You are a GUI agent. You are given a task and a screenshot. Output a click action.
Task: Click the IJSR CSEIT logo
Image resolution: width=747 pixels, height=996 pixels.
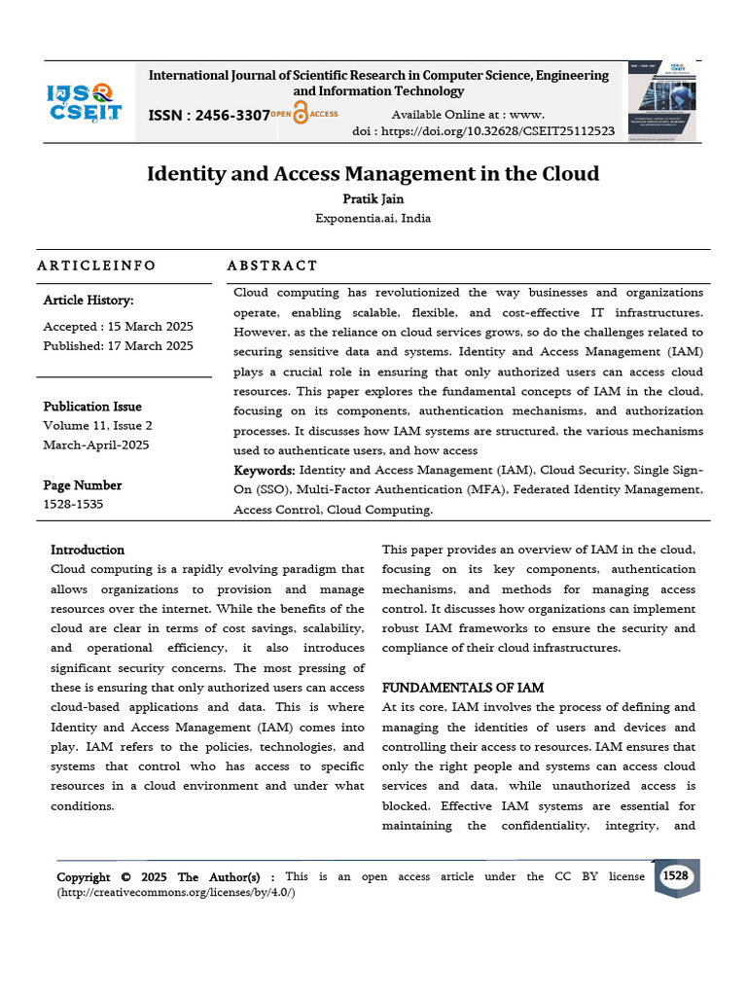pos(85,102)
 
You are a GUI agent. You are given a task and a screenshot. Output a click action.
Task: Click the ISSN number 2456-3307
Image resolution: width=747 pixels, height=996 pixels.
pos(208,115)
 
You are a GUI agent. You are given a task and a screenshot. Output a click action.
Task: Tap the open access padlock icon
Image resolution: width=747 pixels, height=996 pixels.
pos(301,114)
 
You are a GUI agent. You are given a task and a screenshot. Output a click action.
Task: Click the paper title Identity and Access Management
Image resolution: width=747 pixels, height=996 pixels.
pos(373,174)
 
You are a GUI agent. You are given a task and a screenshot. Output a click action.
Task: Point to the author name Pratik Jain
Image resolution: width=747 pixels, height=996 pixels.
pos(373,199)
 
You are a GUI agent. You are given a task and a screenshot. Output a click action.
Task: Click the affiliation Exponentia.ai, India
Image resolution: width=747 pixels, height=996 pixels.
pos(373,218)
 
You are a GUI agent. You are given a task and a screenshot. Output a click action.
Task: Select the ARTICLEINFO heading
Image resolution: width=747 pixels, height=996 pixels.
pos(96,266)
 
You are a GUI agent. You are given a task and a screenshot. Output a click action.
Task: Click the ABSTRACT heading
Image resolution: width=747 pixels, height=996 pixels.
pos(272,266)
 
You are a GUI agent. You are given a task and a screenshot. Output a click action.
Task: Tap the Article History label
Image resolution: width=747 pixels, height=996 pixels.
pos(89,301)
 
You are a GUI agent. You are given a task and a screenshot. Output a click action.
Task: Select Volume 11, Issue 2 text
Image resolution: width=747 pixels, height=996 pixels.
pos(97,425)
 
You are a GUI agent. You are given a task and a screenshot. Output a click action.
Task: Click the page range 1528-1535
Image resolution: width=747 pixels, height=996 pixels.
pos(73,504)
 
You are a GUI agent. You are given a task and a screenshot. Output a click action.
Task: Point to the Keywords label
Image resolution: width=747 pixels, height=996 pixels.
pos(264,470)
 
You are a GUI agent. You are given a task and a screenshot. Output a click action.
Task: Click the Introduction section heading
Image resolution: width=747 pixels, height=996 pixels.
pos(88,550)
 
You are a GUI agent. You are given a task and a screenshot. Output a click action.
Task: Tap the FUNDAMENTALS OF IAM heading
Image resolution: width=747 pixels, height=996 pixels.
pos(463,688)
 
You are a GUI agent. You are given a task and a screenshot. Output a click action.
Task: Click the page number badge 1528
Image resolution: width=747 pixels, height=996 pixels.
pos(675,875)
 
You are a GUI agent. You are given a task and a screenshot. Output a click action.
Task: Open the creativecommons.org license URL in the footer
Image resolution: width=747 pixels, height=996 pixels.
pos(176,892)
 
